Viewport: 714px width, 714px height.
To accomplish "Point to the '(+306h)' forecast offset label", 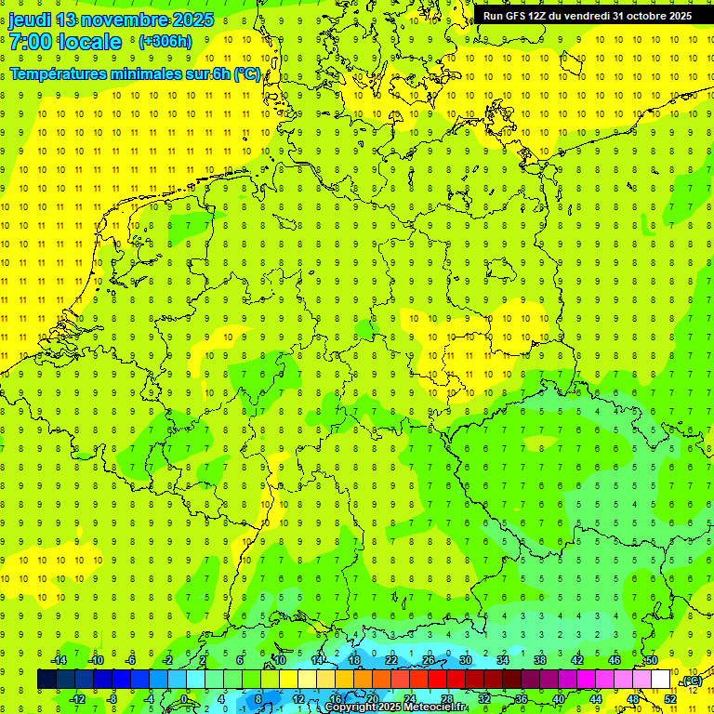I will (x=165, y=42).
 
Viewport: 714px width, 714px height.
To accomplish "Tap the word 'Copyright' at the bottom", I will (x=351, y=707).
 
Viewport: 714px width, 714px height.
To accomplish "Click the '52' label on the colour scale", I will (x=670, y=698).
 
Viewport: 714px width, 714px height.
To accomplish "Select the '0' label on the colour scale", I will (x=184, y=698).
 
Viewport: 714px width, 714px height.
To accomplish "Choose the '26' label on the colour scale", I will (x=428, y=660).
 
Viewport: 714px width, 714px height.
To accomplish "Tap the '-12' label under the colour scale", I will (x=78, y=698).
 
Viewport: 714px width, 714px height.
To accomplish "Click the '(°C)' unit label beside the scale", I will (x=692, y=681).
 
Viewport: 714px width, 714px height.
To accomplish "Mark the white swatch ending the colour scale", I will (x=661, y=680).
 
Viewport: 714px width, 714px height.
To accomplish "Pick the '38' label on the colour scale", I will (x=539, y=660).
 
